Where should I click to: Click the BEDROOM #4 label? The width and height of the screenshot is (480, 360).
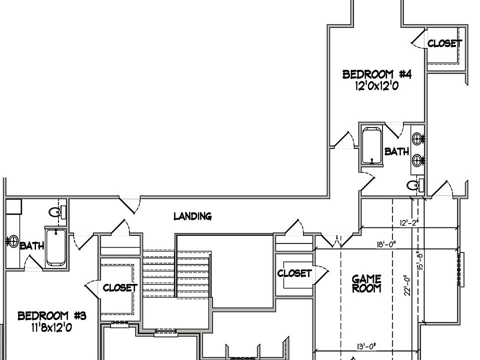pyautogui.click(x=376, y=75)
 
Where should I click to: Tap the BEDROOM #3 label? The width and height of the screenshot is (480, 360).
pyautogui.click(x=52, y=316)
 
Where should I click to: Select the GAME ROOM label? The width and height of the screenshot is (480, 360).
pyautogui.click(x=366, y=283)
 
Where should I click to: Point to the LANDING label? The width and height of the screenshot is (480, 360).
pyautogui.click(x=192, y=216)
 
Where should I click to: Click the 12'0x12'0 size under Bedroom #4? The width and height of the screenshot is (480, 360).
pyautogui.click(x=376, y=85)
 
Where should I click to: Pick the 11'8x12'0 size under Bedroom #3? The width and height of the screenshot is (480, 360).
pyautogui.click(x=52, y=327)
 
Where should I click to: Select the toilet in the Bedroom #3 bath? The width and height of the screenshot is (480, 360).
pyautogui.click(x=55, y=212)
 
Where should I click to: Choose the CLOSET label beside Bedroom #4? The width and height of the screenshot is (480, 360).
pyautogui.click(x=444, y=43)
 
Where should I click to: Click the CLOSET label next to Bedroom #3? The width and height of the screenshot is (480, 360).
pyautogui.click(x=120, y=288)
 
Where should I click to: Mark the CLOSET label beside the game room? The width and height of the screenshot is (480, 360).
pyautogui.click(x=294, y=273)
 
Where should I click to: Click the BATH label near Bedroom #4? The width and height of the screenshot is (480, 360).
pyautogui.click(x=396, y=151)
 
